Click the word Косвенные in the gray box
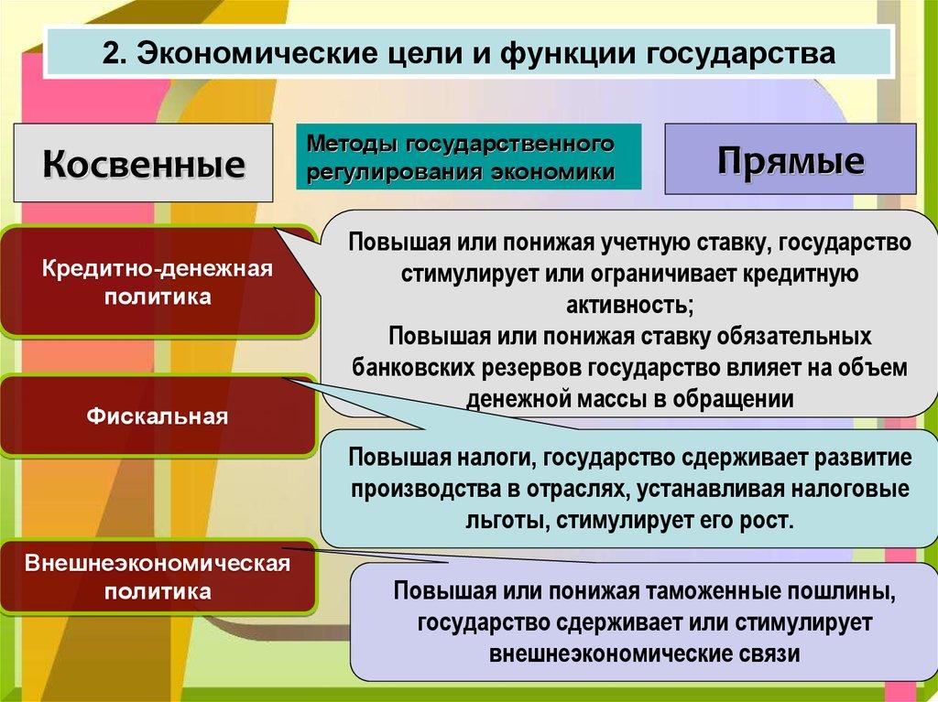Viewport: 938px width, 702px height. pos(144,163)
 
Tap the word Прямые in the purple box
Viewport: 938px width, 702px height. pos(791,161)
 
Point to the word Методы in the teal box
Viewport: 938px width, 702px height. pos(353,144)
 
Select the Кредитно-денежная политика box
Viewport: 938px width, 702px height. pos(158,282)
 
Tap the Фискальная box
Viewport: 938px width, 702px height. pos(158,416)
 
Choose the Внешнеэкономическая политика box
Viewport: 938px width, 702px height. pos(158,577)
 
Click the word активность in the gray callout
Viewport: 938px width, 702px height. pos(627,305)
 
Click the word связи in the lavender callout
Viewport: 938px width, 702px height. pos(768,653)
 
